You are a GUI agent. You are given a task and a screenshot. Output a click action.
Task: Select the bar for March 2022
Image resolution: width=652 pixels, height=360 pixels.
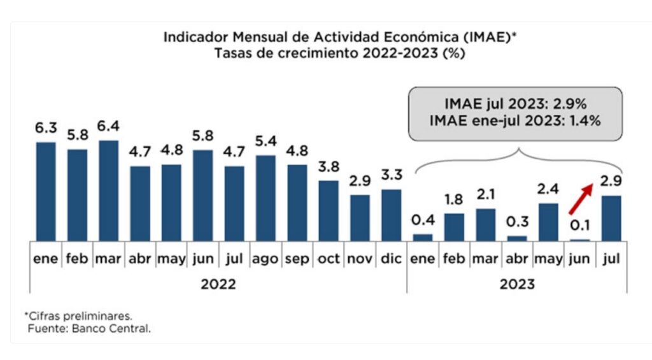click(109, 191)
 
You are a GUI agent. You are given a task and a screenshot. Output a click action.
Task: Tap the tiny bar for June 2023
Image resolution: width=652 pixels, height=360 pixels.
click(580, 240)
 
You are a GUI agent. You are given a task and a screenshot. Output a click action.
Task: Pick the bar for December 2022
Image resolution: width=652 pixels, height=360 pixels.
click(392, 215)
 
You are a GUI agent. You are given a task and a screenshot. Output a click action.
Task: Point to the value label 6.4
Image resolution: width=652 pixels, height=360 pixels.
click(109, 126)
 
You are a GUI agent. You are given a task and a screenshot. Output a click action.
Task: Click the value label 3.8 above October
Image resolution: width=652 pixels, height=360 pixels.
click(329, 167)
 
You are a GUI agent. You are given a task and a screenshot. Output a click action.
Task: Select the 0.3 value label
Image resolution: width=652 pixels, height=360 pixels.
click(517, 222)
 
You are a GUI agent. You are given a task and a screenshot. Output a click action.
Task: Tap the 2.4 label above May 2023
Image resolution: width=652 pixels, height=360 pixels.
click(548, 189)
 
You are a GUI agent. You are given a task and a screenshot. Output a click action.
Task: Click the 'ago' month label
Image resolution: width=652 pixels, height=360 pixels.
click(266, 259)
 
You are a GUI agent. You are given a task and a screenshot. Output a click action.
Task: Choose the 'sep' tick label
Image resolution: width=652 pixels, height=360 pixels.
click(297, 259)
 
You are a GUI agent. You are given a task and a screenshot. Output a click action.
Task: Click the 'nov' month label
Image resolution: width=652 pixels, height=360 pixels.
click(360, 259)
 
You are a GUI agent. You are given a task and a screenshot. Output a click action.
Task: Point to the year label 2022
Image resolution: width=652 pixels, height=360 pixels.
click(218, 284)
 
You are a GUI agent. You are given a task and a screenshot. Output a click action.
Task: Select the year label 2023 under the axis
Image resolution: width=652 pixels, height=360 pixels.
click(517, 284)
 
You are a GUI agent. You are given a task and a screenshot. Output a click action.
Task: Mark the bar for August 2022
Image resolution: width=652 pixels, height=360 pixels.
click(266, 198)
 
